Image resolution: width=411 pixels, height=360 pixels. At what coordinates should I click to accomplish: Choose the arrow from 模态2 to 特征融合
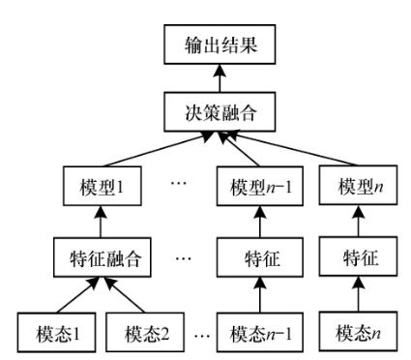120,295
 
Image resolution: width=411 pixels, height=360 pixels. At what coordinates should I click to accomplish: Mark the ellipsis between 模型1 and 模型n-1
177,184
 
